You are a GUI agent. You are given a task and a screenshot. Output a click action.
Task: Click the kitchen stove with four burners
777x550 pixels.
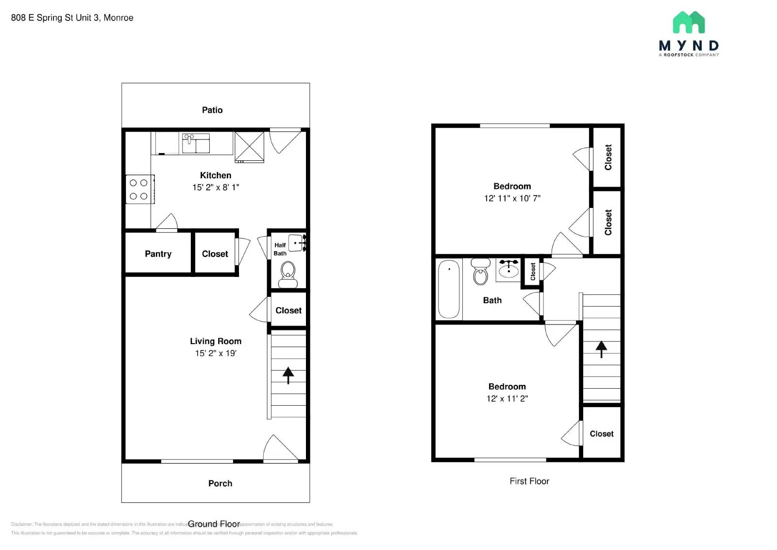tap(139, 189)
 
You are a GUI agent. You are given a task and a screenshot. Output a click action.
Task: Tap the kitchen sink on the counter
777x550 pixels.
tap(196, 144)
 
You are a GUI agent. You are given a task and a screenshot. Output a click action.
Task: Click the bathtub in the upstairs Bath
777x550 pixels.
tap(449, 289)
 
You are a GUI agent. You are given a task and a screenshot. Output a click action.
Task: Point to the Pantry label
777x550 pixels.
tap(158, 254)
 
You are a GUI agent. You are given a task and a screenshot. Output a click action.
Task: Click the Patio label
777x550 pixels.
tap(212, 110)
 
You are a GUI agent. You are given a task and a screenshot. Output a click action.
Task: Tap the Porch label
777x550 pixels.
tap(220, 483)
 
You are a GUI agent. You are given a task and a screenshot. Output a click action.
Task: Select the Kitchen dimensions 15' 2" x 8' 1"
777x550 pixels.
tap(216, 188)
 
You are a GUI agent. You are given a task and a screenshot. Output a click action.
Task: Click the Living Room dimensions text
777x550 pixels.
tap(216, 353)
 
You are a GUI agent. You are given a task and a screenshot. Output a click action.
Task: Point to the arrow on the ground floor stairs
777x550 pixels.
tap(288, 375)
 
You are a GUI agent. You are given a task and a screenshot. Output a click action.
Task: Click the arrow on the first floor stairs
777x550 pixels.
tap(601, 348)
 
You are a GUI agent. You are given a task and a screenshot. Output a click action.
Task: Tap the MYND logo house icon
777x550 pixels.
tap(689, 23)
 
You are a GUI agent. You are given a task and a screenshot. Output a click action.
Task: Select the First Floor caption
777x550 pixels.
tap(529, 481)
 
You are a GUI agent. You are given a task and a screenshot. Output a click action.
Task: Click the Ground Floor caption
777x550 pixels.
tap(214, 524)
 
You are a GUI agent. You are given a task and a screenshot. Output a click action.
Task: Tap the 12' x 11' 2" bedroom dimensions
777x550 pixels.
tap(507, 398)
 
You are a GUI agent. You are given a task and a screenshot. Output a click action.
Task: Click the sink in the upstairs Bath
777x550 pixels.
tap(508, 270)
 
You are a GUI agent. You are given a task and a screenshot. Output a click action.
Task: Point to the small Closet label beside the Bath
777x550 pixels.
tap(533, 272)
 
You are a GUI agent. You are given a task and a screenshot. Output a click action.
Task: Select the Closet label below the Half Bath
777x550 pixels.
tap(288, 310)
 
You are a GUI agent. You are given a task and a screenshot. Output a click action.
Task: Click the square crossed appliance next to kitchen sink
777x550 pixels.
tap(249, 147)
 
